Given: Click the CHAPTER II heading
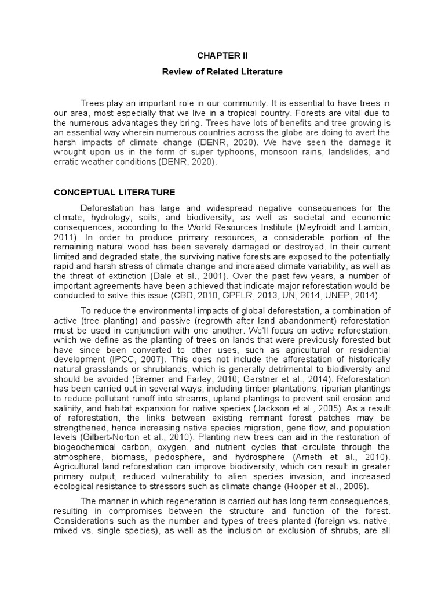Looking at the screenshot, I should [x=222, y=55].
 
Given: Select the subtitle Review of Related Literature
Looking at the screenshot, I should [x=222, y=72].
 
